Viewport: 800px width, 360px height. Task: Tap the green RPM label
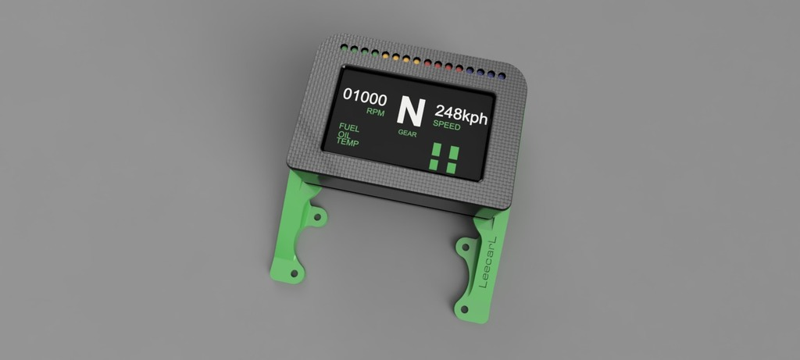click(376, 112)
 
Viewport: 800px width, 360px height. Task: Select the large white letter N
click(409, 112)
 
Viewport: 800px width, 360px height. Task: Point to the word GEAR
click(408, 133)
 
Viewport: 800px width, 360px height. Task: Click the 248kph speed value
click(461, 116)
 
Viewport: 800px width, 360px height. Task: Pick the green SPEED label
click(446, 125)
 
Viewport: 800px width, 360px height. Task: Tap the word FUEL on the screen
click(348, 127)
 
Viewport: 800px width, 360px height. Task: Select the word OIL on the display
click(344, 135)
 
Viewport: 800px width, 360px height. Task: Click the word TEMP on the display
click(348, 143)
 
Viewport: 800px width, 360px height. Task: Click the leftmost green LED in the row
click(344, 48)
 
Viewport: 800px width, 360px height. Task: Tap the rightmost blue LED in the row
click(502, 76)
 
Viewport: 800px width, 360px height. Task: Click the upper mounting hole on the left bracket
click(316, 216)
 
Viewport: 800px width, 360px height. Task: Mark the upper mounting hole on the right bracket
click(466, 248)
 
